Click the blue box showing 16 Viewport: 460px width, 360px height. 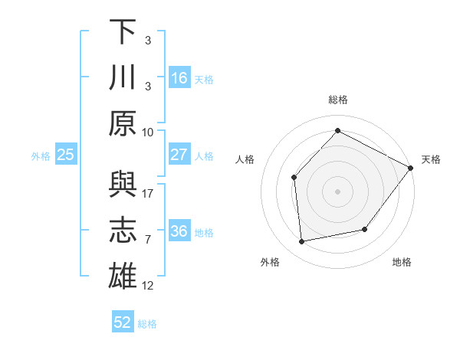click(x=179, y=78)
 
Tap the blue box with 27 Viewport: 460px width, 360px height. click(x=179, y=155)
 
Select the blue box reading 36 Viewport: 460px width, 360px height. click(x=179, y=232)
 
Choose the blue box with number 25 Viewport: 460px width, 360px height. click(x=66, y=155)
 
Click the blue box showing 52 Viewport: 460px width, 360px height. click(x=123, y=322)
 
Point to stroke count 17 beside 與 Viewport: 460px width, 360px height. click(x=148, y=194)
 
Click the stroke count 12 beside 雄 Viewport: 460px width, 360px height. click(x=148, y=286)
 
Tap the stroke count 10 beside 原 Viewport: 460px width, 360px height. click(x=148, y=132)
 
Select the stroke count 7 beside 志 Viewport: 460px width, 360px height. click(x=148, y=240)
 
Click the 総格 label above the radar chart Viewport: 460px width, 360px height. click(x=337, y=100)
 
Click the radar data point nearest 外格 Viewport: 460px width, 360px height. click(x=302, y=241)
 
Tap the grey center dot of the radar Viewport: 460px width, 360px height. click(x=337, y=191)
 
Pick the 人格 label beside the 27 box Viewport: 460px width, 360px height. click(x=204, y=156)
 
